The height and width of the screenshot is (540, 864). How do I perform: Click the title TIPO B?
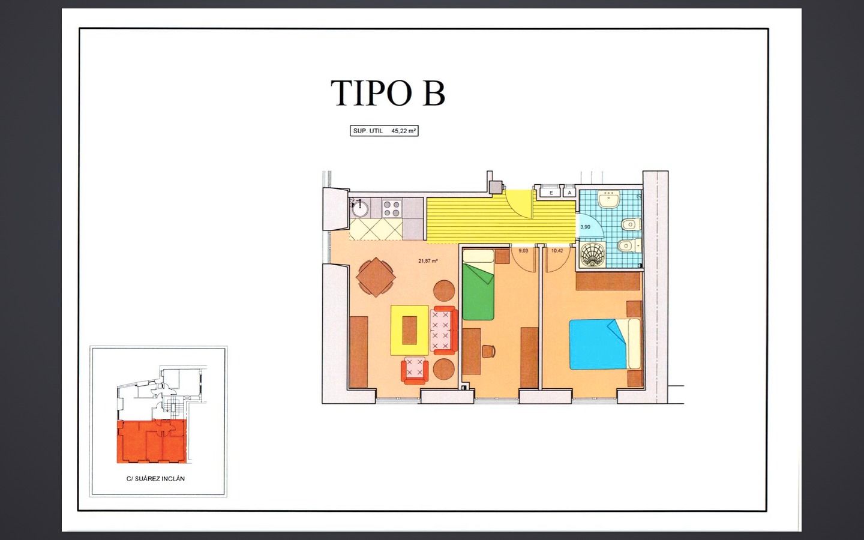(x=388, y=93)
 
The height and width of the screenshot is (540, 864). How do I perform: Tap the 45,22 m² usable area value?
(x=403, y=131)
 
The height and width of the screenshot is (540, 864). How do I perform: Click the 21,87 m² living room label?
(x=428, y=261)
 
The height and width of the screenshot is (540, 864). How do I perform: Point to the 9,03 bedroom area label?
(x=523, y=251)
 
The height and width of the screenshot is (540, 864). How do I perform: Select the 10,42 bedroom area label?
(x=557, y=251)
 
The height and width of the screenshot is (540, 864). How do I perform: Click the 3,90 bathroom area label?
(x=585, y=227)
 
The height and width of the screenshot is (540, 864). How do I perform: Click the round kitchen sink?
(x=360, y=210)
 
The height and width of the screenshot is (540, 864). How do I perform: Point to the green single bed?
(x=478, y=284)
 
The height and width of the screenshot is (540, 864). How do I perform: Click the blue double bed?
(x=604, y=344)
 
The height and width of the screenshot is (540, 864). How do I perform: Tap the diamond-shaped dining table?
(x=376, y=277)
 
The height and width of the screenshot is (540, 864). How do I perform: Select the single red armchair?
(x=415, y=371)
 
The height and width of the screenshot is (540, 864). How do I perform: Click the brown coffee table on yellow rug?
(x=410, y=330)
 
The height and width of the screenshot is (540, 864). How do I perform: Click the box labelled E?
(x=551, y=193)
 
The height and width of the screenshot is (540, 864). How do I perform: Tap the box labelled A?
(x=570, y=193)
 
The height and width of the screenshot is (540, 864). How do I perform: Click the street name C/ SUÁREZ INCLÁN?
(x=155, y=479)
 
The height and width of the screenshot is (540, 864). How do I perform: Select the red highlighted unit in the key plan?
(x=152, y=442)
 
